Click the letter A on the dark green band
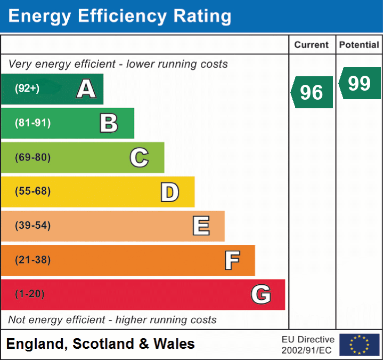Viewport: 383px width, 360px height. pos(86,89)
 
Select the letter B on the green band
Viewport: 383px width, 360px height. pos(109,123)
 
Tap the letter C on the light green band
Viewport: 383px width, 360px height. pos(139,157)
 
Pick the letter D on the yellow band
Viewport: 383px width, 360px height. pos(169,192)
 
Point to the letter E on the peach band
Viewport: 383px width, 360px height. pos(200,226)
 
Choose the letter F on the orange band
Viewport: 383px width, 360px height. pos(231,260)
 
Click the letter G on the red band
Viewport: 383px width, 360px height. pos(261,294)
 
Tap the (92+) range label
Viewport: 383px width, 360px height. pos(27,89)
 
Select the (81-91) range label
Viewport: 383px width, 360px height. pos(32,123)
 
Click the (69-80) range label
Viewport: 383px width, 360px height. pos(32,157)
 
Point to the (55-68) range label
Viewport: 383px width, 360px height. pos(32,191)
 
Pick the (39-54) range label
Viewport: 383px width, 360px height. pos(32,226)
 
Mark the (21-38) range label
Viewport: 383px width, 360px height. pos(32,260)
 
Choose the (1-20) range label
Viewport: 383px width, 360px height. pos(30,294)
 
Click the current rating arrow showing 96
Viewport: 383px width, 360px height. pos(312,92)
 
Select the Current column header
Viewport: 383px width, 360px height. pos(312,45)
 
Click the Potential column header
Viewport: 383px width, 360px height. pos(359,45)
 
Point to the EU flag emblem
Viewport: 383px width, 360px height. pos(359,345)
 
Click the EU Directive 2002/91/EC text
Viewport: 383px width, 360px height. pos(308,345)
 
